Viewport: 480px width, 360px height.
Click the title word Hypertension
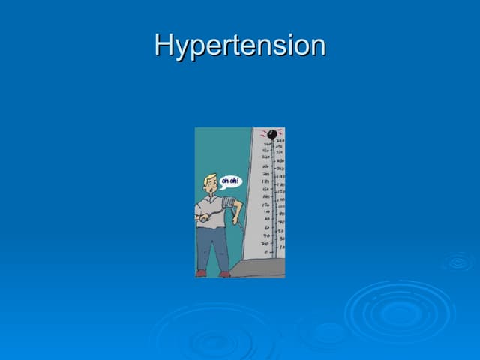[240, 46]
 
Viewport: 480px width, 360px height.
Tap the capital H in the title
[164, 44]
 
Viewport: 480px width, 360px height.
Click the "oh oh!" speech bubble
[230, 181]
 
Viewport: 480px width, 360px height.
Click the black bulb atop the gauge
[271, 134]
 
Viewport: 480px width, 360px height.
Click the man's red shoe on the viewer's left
[201, 273]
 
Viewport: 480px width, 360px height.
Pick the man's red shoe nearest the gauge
[225, 274]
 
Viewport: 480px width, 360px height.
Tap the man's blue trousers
[212, 244]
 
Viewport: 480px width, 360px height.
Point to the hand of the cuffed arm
[238, 218]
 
